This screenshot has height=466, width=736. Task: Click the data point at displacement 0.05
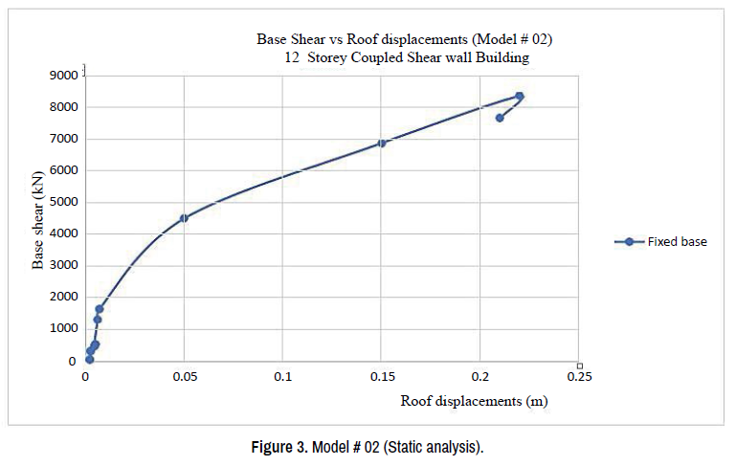pyautogui.click(x=184, y=218)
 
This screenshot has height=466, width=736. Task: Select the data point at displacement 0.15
pyautogui.click(x=382, y=144)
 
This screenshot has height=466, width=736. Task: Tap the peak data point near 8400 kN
pyautogui.click(x=520, y=96)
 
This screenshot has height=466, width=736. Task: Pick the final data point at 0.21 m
pyautogui.click(x=500, y=118)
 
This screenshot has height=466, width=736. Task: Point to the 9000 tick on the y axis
pyautogui.click(x=64, y=76)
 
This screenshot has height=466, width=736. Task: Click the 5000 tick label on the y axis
pyautogui.click(x=64, y=202)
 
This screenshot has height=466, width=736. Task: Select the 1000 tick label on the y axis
pyautogui.click(x=64, y=328)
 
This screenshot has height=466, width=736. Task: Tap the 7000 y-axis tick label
pyautogui.click(x=64, y=139)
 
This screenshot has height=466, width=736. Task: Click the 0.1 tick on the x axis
pyautogui.click(x=283, y=377)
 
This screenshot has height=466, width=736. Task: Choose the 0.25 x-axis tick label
pyautogui.click(x=580, y=377)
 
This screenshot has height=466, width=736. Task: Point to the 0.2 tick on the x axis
pyautogui.click(x=480, y=377)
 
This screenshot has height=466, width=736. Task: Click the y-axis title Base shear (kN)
pyautogui.click(x=39, y=218)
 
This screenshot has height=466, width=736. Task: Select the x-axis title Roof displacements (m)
pyautogui.click(x=473, y=401)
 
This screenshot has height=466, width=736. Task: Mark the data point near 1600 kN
pyautogui.click(x=99, y=309)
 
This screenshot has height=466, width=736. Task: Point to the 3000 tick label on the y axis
pyautogui.click(x=64, y=265)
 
